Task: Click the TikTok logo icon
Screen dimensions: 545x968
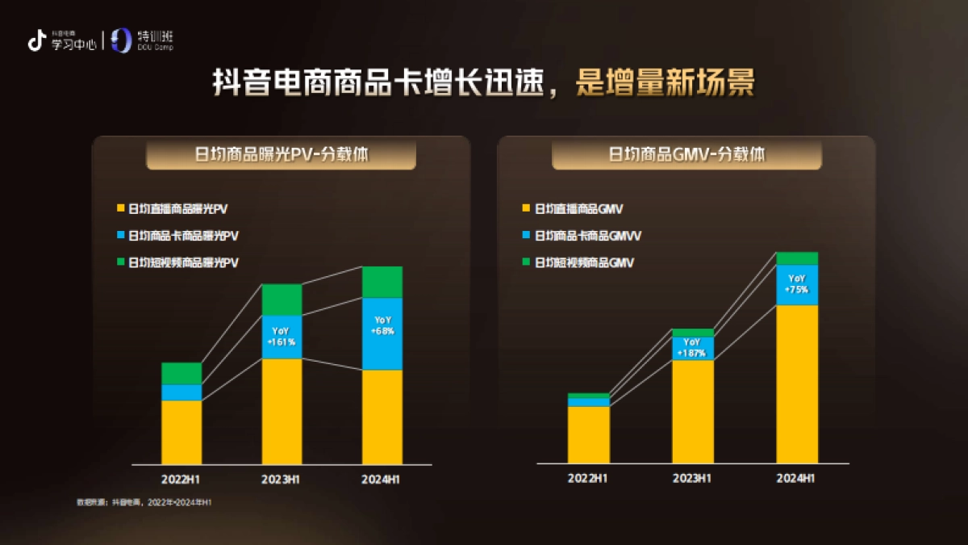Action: [x=35, y=40]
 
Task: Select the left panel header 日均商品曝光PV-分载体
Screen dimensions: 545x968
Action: [x=282, y=154]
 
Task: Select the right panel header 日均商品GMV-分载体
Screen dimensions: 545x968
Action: [x=686, y=154]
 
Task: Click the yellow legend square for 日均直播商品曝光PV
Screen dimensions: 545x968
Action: [x=120, y=209]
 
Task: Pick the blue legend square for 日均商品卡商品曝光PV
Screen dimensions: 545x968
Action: [x=120, y=236]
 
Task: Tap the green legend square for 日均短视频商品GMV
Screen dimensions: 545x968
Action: [x=527, y=262]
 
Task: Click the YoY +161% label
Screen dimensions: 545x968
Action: [x=282, y=337]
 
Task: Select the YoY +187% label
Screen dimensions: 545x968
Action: [x=692, y=348]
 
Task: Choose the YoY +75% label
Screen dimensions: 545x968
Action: [x=796, y=283]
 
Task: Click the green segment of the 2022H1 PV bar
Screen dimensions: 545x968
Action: [x=181, y=373]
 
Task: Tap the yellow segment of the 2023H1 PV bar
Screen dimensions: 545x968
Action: [x=282, y=411]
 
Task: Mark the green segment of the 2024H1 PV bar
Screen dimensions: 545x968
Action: [x=382, y=282]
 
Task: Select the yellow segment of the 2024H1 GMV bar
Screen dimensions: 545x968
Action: [x=796, y=384]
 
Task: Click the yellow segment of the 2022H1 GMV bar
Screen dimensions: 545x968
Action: [x=589, y=434]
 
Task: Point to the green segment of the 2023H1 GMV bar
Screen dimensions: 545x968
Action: [x=692, y=333]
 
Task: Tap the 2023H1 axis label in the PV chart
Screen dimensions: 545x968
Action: [x=282, y=479]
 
